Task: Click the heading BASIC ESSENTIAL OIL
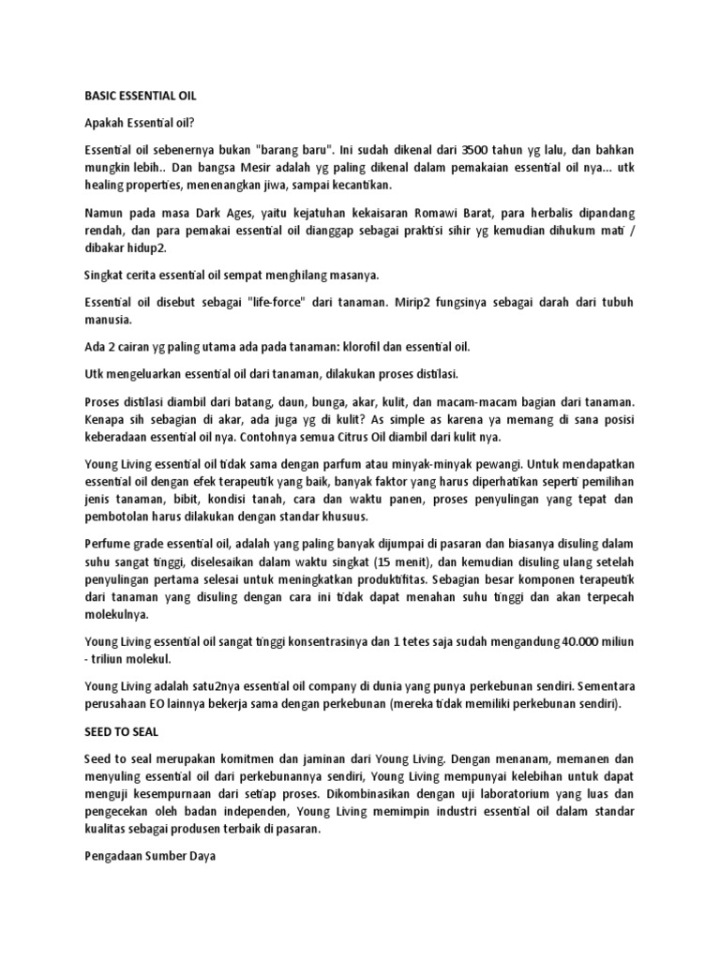[140, 96]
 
